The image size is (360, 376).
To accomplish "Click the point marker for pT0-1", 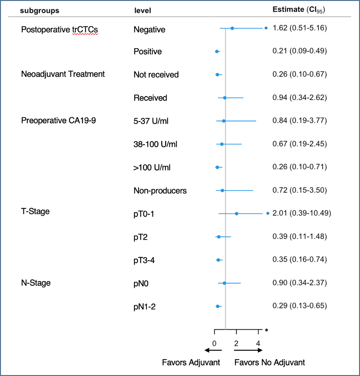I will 236,214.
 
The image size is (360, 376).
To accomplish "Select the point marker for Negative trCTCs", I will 232,28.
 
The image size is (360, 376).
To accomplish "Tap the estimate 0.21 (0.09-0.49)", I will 299,51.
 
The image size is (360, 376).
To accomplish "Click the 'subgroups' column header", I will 39,10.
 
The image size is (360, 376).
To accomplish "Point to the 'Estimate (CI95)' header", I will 299,10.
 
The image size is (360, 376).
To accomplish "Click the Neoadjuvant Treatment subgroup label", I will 63,74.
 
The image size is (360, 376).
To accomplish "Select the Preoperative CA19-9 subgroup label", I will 59,121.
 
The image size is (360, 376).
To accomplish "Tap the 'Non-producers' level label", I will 160,190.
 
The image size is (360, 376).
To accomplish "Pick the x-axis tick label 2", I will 236,343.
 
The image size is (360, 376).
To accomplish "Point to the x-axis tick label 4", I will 258,343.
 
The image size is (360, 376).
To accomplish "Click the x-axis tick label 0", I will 214,343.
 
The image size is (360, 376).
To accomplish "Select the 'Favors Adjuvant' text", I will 191,362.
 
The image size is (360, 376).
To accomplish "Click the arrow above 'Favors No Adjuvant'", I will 248,350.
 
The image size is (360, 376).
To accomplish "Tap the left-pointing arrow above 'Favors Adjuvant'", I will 213,350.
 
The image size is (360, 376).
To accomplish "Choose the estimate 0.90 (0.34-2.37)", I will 299,283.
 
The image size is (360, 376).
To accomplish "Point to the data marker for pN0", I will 224,283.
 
